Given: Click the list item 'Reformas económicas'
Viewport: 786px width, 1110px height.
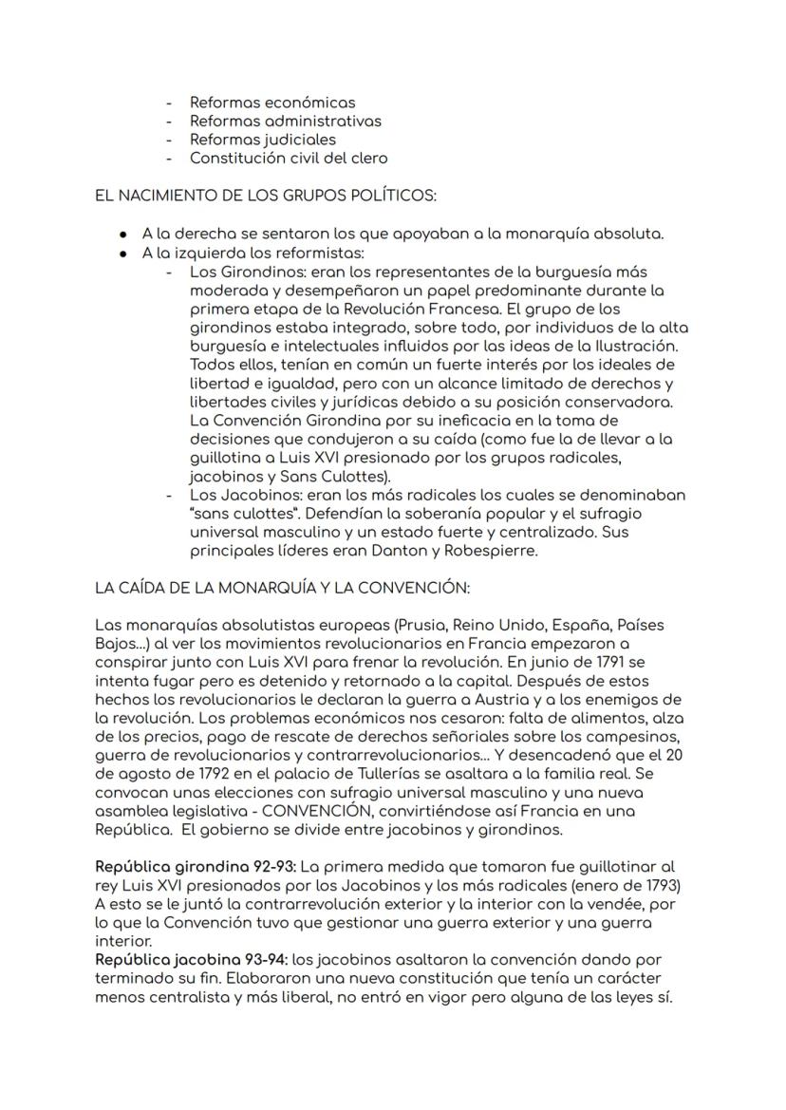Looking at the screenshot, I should [272, 102].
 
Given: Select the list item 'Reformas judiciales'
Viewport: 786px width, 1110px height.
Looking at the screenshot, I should [262, 140].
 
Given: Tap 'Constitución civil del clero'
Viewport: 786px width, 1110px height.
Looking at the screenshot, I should [289, 159].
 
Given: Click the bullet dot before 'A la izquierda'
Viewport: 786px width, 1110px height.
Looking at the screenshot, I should [124, 254].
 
